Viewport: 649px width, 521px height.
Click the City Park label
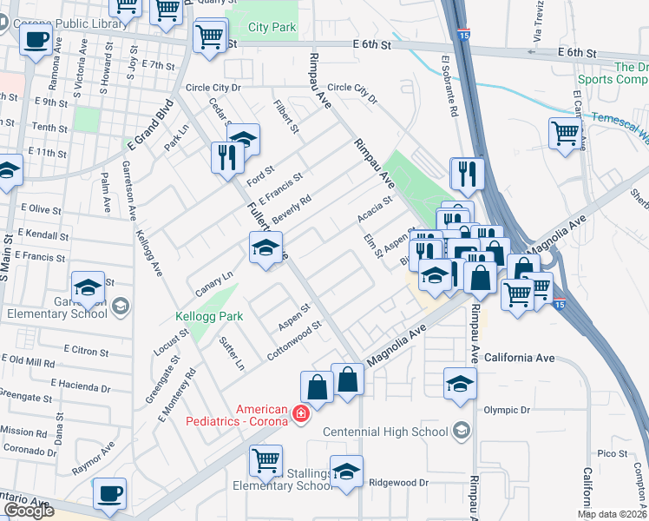272,28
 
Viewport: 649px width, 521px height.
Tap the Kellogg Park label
209,316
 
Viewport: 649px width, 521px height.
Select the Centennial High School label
385,432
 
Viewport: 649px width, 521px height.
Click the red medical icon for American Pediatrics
300,413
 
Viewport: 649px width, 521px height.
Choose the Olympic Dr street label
506,410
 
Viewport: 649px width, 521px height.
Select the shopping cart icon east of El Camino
565,134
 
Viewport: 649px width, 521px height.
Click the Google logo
29,511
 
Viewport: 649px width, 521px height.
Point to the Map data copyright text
612,514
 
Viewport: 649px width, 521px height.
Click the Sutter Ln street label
230,353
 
